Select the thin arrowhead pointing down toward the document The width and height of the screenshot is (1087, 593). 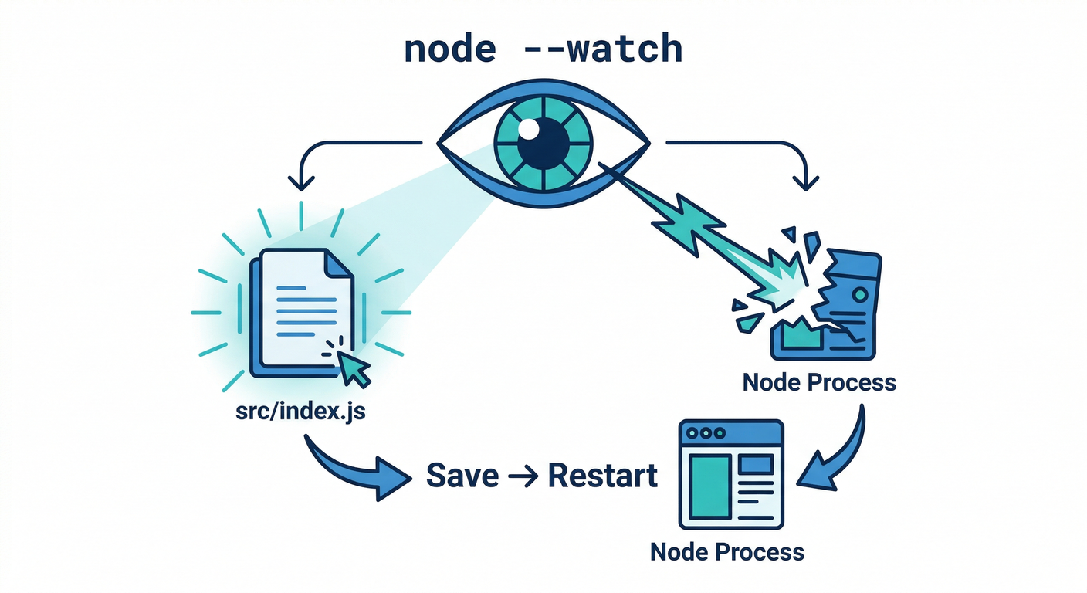click(x=300, y=182)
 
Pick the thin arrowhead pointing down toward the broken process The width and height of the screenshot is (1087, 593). click(x=806, y=182)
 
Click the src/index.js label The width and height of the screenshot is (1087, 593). click(x=302, y=412)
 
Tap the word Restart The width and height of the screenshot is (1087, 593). click(x=603, y=476)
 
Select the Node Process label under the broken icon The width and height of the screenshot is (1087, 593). click(x=819, y=382)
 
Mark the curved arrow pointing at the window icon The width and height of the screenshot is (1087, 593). click(x=838, y=456)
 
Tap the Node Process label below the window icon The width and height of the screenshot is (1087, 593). click(x=727, y=552)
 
